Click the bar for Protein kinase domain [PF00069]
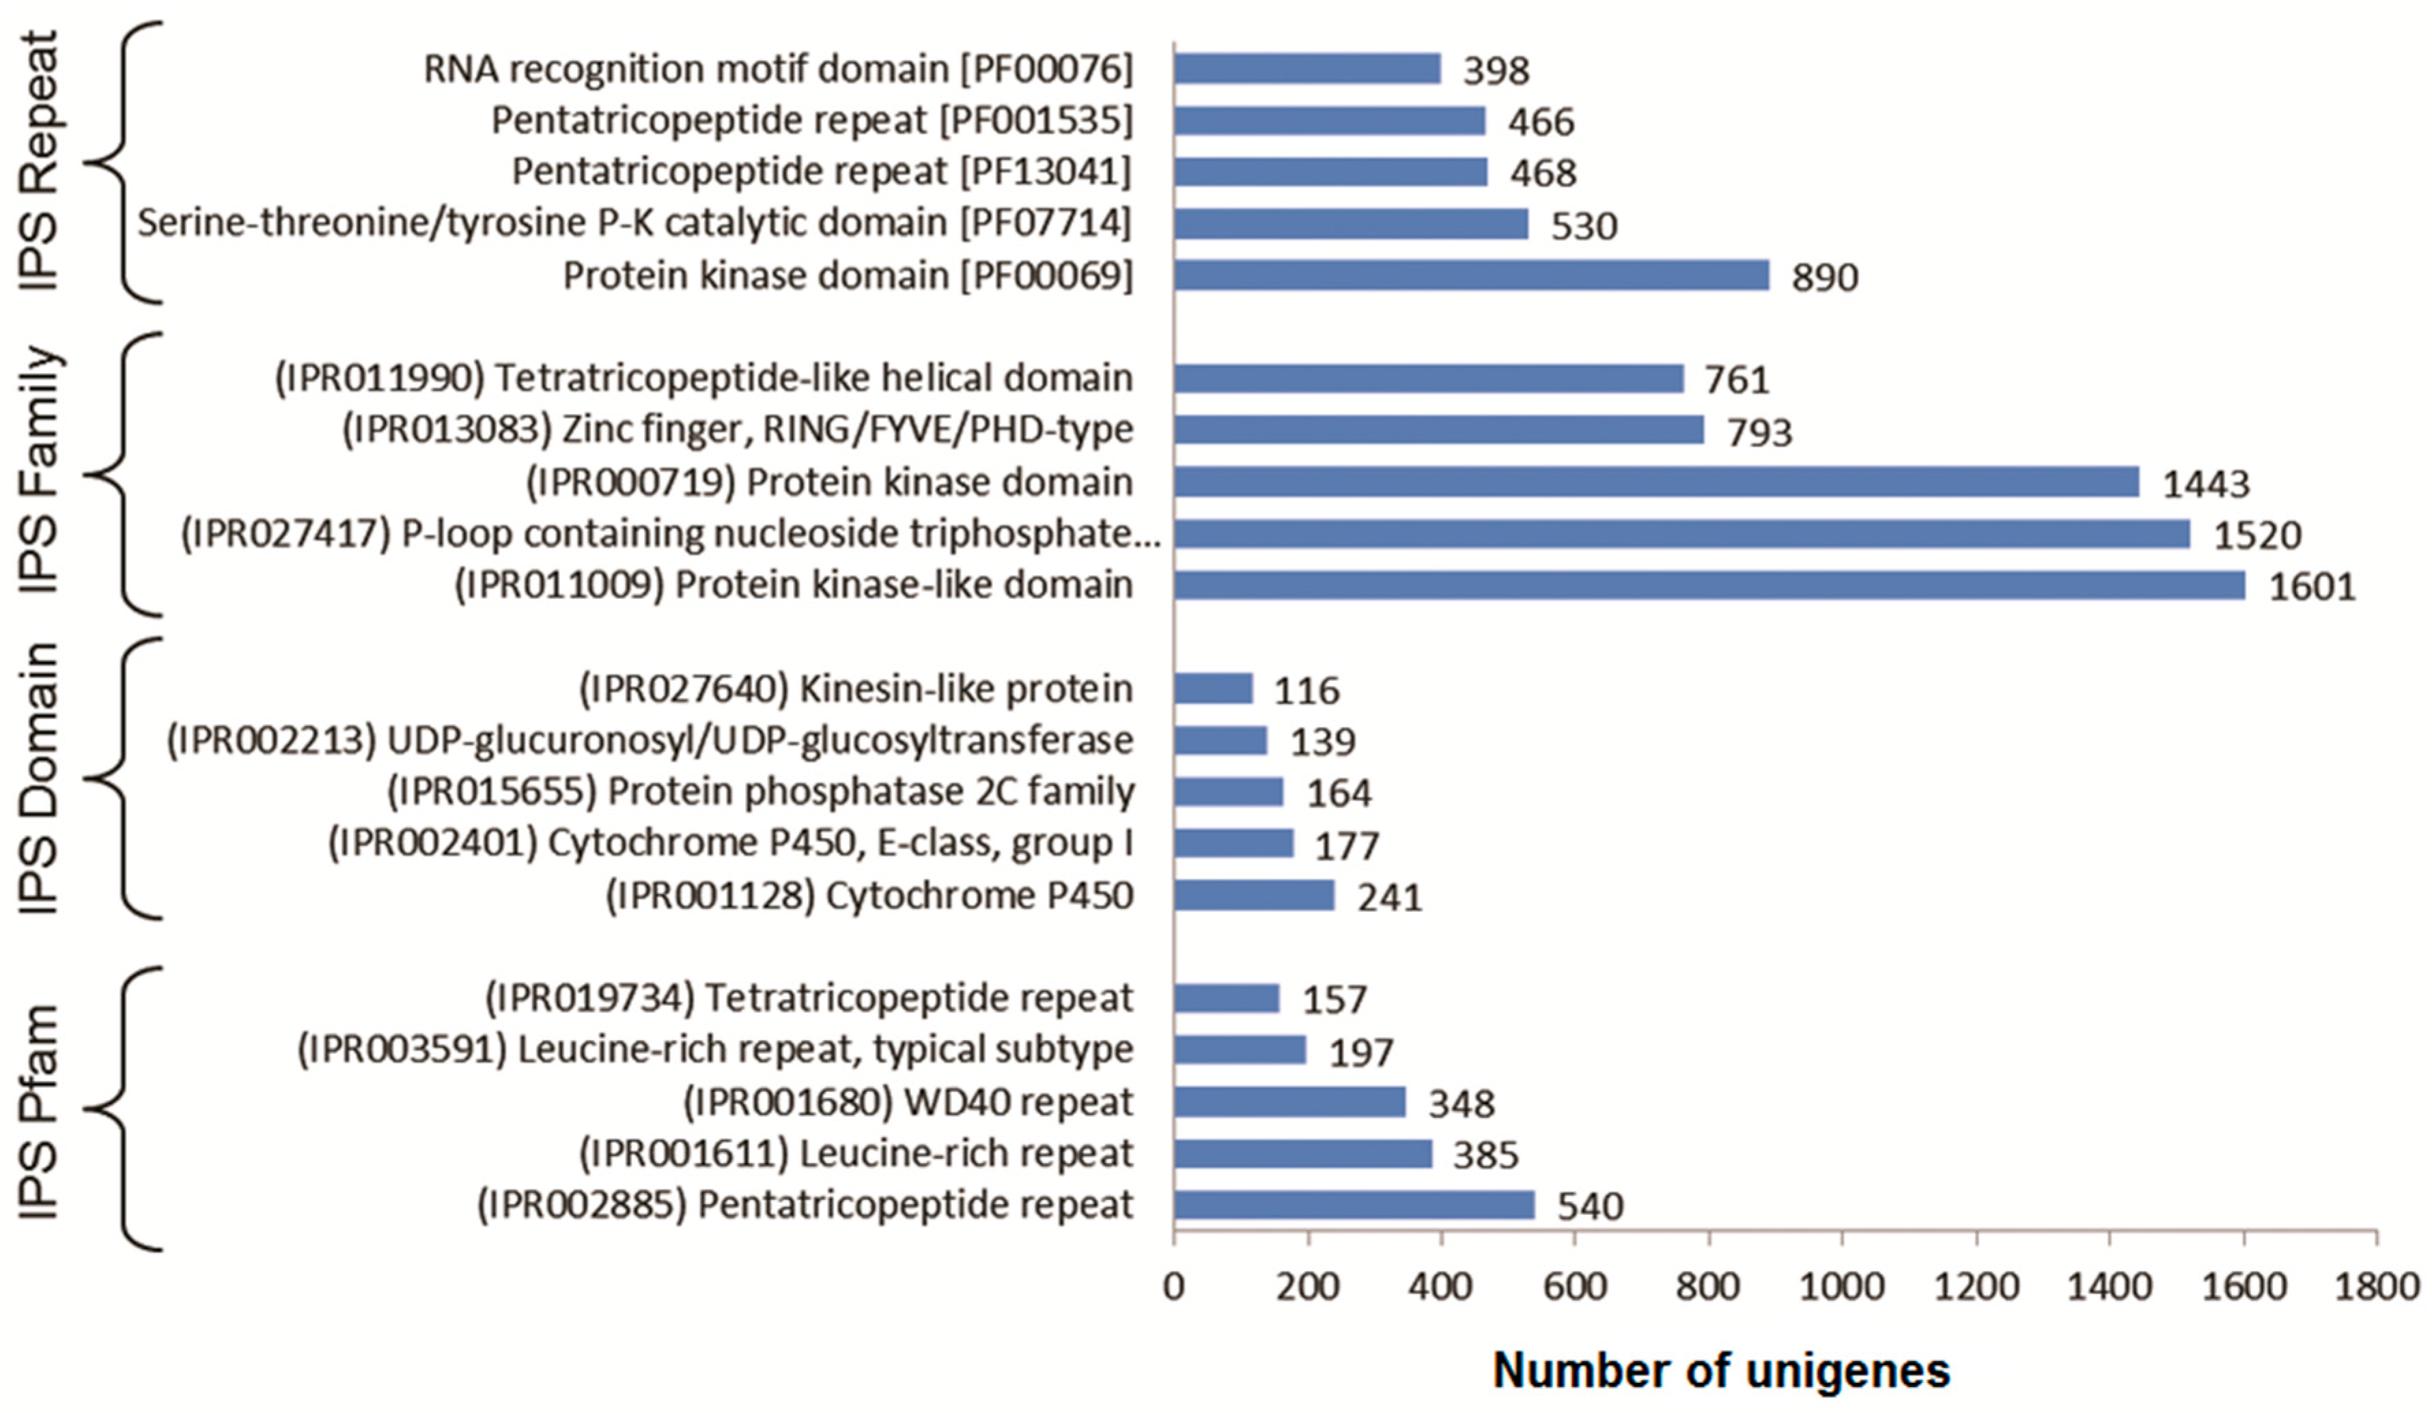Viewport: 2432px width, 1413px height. point(1471,275)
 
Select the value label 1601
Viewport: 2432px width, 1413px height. point(2311,587)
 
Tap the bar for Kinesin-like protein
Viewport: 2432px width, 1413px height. point(1213,688)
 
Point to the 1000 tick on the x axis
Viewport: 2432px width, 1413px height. point(1841,1287)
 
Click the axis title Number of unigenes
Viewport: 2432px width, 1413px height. point(1721,1371)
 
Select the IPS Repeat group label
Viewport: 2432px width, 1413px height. point(40,160)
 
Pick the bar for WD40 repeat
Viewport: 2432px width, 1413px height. point(1289,1102)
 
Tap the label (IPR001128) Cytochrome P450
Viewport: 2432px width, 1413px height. point(869,895)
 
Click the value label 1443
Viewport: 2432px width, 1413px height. point(2205,484)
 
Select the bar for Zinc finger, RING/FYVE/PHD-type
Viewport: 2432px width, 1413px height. point(1439,430)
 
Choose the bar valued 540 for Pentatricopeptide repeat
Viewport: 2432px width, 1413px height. point(1354,1205)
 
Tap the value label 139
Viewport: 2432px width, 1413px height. point(1323,741)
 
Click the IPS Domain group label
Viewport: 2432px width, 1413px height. point(40,778)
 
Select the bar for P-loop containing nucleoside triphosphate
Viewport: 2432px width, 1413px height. point(1681,534)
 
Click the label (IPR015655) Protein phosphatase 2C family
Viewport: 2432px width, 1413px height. point(761,792)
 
